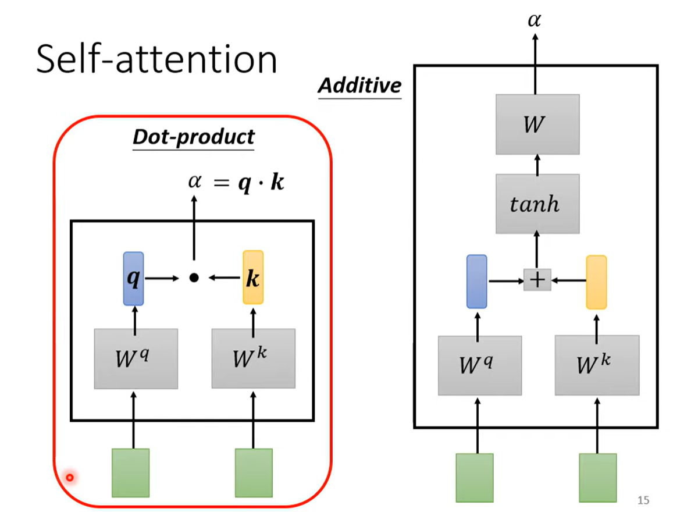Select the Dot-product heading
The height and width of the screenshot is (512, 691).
[194, 137]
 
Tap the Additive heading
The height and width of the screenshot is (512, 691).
[359, 86]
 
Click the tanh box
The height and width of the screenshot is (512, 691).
[537, 204]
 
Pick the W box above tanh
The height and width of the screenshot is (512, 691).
[537, 125]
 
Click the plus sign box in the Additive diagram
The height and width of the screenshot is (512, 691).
[537, 280]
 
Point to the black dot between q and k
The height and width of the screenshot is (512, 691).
[194, 278]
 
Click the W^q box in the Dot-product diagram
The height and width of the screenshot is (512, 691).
[136, 358]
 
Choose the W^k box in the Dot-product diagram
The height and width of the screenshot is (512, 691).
[253, 358]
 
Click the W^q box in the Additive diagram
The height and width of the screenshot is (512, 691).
[479, 365]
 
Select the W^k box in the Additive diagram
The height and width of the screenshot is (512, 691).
[597, 365]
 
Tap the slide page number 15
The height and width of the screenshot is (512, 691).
[643, 500]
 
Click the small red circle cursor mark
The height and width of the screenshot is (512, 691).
[70, 478]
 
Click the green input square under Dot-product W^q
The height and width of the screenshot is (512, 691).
[130, 472]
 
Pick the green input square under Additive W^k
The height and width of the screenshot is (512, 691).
[597, 477]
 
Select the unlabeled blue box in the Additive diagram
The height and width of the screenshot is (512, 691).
[477, 282]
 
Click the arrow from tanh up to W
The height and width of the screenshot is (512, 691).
[537, 165]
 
